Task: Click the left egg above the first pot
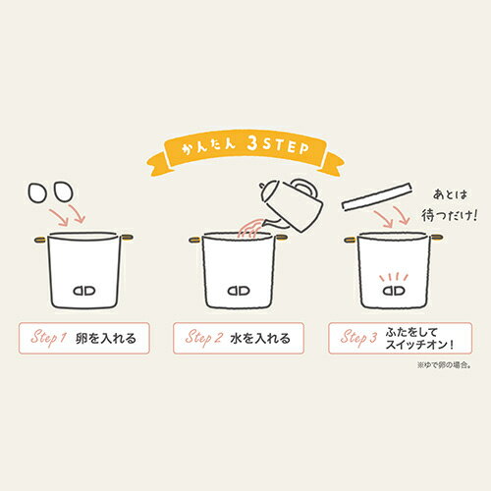point(37,192)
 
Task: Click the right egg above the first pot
point(63,191)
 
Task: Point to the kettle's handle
point(306,188)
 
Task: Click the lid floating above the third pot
point(377,196)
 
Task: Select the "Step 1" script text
point(48,338)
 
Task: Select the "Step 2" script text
point(204,338)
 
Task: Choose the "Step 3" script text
point(358,338)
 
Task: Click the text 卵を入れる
point(106,338)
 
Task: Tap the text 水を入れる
point(260,338)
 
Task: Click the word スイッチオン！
point(420,345)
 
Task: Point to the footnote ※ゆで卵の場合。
point(444,365)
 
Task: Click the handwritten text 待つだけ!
point(449,215)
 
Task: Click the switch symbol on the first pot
point(84,291)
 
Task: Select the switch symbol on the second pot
point(239,291)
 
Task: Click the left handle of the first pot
point(41,240)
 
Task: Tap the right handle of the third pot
point(437,238)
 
